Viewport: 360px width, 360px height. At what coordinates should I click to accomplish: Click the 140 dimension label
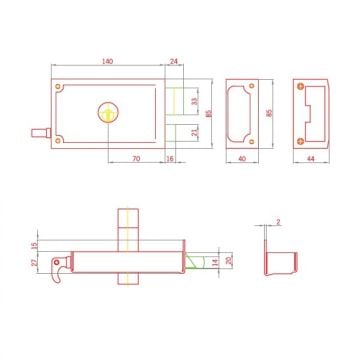pos(108,61)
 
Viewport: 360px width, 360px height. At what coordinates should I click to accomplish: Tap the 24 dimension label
pos(174,61)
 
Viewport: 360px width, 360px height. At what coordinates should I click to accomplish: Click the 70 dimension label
pos(136,159)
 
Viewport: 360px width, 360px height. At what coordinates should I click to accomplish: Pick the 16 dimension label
pos(170,159)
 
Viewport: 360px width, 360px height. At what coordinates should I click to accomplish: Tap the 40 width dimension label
pos(242,159)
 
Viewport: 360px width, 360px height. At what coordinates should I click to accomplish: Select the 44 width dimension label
pos(311,159)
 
